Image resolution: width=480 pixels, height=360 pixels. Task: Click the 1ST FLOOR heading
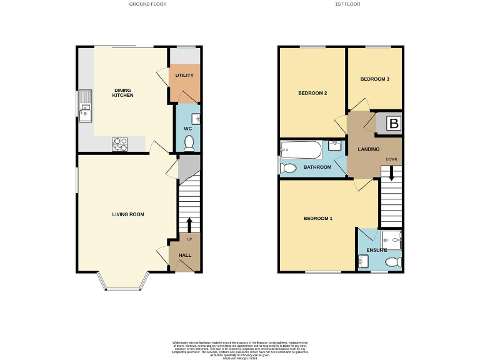coord(347,4)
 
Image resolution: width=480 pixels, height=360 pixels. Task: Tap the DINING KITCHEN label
coord(122,92)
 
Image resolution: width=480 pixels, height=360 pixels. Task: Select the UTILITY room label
coord(184,76)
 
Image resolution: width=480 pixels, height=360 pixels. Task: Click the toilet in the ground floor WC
coord(189,143)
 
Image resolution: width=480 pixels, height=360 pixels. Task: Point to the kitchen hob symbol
coord(119,144)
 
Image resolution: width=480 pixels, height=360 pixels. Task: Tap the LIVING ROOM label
coord(128,214)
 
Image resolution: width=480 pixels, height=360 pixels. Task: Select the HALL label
coord(185,256)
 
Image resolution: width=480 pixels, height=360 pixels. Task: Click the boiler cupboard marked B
coord(393,124)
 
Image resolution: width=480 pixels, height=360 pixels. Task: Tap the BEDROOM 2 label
coord(312,93)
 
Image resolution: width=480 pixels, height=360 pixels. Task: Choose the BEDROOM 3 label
coord(375,79)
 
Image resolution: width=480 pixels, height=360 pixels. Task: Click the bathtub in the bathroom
coord(301,149)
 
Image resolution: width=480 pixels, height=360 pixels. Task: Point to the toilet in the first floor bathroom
coord(287,167)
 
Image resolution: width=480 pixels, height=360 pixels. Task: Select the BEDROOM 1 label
coord(318,219)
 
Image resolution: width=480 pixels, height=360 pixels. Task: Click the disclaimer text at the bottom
coord(239,348)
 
